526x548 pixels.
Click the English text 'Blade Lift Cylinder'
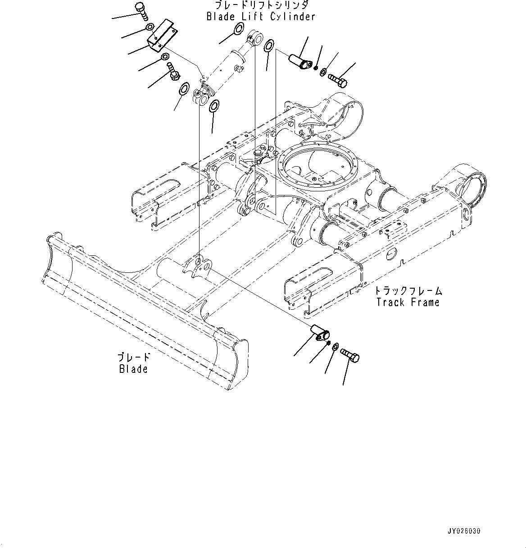(261, 17)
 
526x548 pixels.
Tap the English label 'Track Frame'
(408, 302)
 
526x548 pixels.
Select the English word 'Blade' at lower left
(133, 369)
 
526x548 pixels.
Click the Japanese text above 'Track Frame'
(408, 290)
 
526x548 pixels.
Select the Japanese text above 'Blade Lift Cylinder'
(261, 5)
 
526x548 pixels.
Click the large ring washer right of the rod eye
(269, 45)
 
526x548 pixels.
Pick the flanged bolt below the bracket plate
(172, 71)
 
